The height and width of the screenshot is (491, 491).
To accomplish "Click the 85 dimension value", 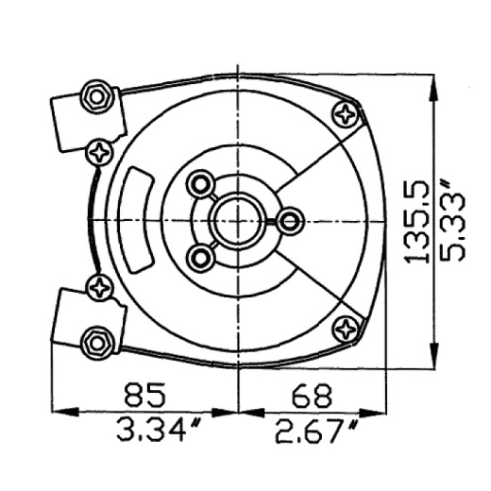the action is click(x=145, y=394).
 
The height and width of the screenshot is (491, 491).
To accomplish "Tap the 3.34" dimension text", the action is click(x=159, y=429).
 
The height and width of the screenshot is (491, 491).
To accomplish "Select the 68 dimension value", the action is click(x=312, y=395).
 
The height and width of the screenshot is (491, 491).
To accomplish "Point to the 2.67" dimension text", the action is click(x=317, y=432).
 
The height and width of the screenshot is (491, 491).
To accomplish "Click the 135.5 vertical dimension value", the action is click(x=417, y=222).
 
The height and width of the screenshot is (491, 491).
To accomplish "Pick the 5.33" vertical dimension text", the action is click(x=452, y=219).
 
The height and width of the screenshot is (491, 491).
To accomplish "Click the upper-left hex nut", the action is click(x=96, y=97).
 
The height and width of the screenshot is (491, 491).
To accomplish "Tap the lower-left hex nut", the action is click(x=96, y=343).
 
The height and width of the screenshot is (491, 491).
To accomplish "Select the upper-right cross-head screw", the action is click(x=346, y=114).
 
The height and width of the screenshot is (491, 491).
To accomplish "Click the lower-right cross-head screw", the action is click(x=346, y=330).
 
